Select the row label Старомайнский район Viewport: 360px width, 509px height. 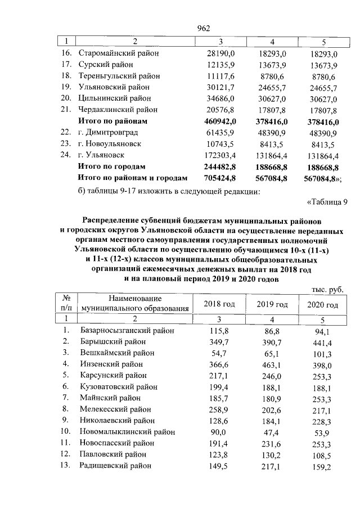[x=119, y=53]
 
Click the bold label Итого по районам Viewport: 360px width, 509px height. [x=112, y=121]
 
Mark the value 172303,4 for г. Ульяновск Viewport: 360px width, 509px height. [x=222, y=155]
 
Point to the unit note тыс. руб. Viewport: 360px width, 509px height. [x=327, y=290]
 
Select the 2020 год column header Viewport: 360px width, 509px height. [x=322, y=304]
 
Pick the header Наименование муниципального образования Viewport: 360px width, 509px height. [x=134, y=304]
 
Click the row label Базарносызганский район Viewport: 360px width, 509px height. [x=128, y=331]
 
